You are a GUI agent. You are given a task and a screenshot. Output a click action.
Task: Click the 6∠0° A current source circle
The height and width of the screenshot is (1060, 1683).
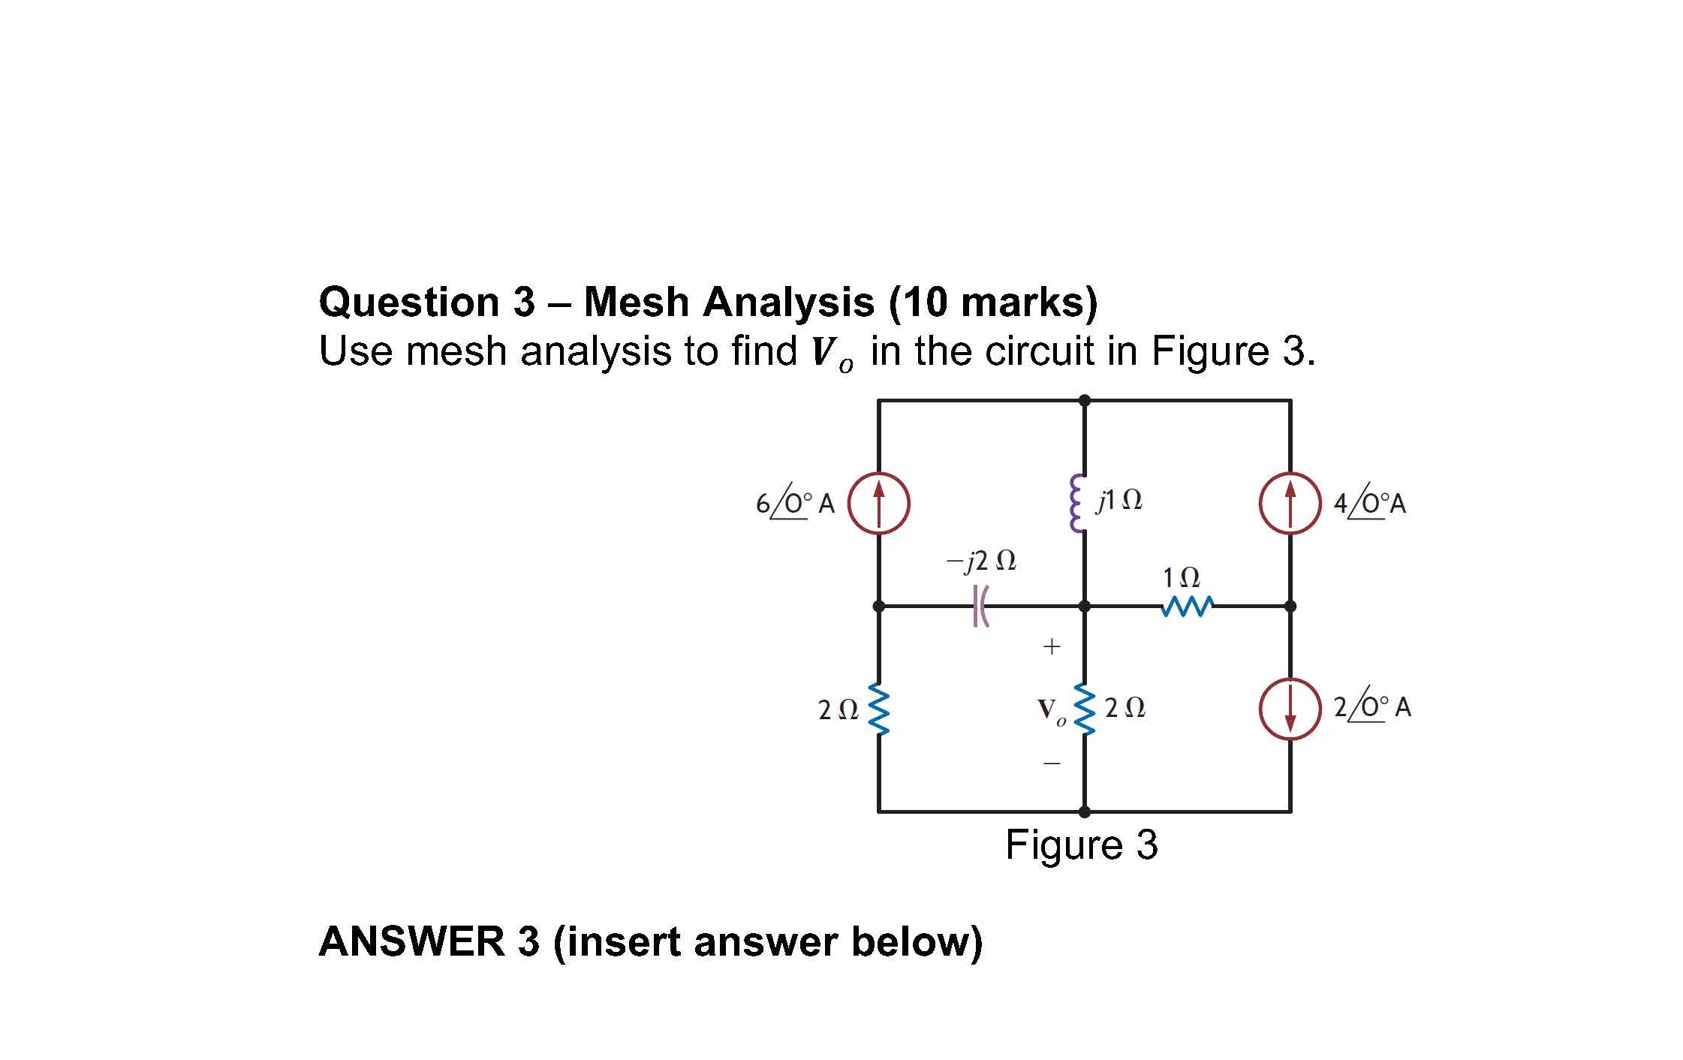point(878,503)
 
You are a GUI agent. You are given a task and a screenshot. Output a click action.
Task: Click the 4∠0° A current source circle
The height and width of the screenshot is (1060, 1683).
point(1290,503)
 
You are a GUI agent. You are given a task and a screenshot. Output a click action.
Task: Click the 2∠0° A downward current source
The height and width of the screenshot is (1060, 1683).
point(1290,709)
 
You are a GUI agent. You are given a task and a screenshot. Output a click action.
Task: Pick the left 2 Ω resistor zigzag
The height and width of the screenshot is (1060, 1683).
point(878,708)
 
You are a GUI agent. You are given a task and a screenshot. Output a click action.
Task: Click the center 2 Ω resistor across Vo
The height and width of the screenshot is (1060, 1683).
point(1083,708)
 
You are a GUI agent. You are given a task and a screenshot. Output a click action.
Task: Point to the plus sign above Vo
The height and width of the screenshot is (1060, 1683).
point(1051,646)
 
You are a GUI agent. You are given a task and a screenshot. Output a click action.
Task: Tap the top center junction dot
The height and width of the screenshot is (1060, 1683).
point(1084,400)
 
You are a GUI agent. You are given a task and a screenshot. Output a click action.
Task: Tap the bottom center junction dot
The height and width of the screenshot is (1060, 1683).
point(1084,812)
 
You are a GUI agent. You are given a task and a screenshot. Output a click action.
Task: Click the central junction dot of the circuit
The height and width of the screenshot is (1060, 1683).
point(1084,606)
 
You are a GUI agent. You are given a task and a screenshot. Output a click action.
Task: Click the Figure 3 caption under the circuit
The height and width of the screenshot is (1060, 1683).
point(1081,845)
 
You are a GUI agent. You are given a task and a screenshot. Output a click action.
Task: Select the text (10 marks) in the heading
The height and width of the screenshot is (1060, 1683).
point(992,302)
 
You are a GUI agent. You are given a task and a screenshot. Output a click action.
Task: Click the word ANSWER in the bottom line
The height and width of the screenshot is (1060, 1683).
point(411,941)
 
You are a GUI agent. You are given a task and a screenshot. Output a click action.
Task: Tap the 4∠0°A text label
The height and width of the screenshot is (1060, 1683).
point(1369,502)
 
